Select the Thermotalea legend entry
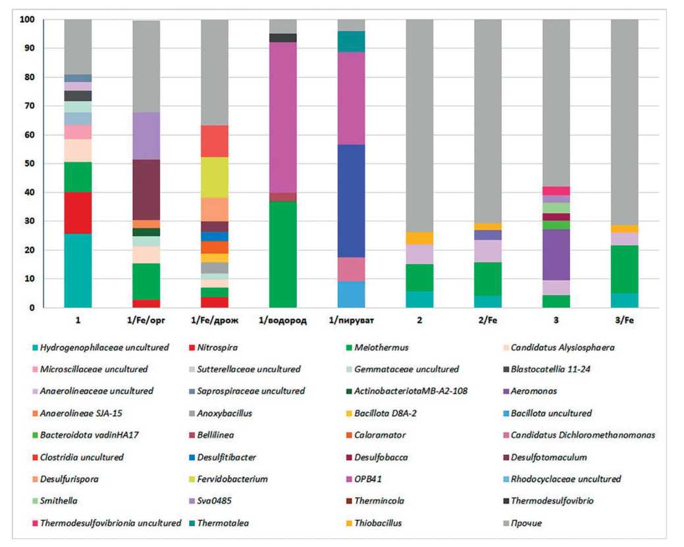point(241,523)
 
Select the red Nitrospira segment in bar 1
point(78,212)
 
